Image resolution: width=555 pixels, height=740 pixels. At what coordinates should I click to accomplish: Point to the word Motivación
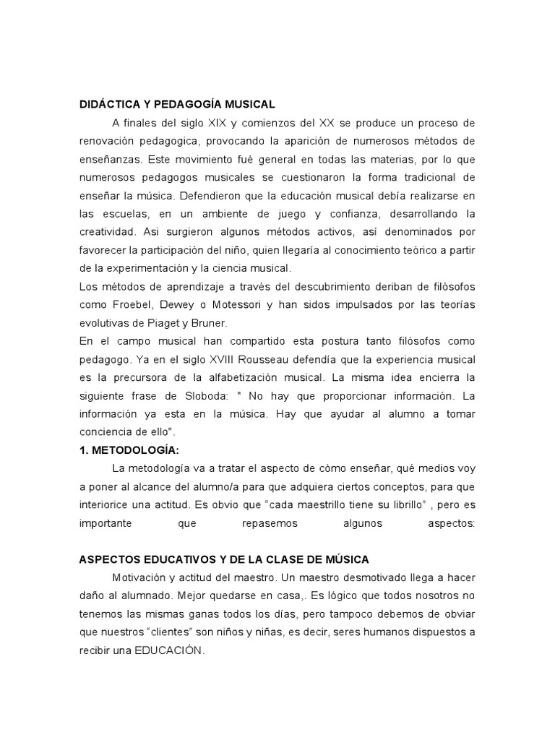pyautogui.click(x=141, y=577)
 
